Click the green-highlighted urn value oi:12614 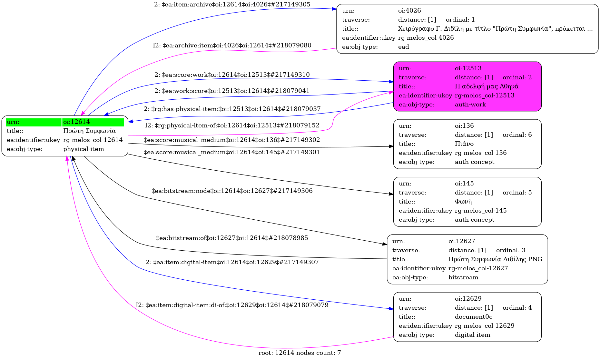pyautogui.click(x=76, y=122)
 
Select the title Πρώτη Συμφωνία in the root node pyautogui.click(x=89, y=131)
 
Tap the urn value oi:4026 pyautogui.click(x=409, y=11)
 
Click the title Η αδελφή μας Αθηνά pyautogui.click(x=487, y=86)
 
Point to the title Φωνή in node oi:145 pyautogui.click(x=463, y=202)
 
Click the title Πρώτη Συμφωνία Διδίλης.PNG pyautogui.click(x=495, y=259)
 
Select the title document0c pyautogui.click(x=473, y=317)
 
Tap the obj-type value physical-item pyautogui.click(x=84, y=149)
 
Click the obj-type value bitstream pyautogui.click(x=463, y=277)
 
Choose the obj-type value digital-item pyautogui.click(x=472, y=335)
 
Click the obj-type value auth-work pyautogui.click(x=470, y=105)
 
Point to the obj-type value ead pyautogui.click(x=403, y=47)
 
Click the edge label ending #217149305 pyautogui.click(x=232, y=5)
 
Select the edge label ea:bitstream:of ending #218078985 pyautogui.click(x=232, y=238)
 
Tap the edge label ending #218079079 pyautogui.click(x=232, y=305)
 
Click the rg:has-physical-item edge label pyautogui.click(x=232, y=109)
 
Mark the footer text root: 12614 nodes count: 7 pyautogui.click(x=300, y=353)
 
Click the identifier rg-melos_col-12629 pyautogui.click(x=484, y=326)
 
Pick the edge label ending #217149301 pyautogui.click(x=232, y=152)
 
